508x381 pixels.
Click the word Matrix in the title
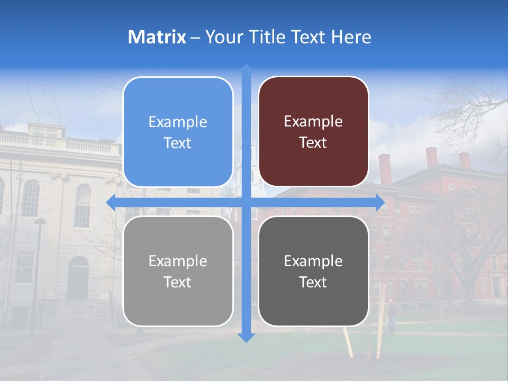(157, 37)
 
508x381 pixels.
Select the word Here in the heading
(351, 37)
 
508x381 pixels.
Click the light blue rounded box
(178, 132)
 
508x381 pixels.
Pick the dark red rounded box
(313, 132)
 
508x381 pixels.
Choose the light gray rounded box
(178, 271)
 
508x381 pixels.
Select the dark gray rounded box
(313, 271)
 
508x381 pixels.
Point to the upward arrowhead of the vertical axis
(246, 69)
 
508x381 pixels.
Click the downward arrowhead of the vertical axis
(246, 338)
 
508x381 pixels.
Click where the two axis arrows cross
(246, 202)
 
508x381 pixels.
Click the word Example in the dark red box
(313, 121)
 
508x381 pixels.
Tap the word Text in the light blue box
(178, 143)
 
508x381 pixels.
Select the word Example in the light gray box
(178, 261)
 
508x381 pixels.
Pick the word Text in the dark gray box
(313, 282)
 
